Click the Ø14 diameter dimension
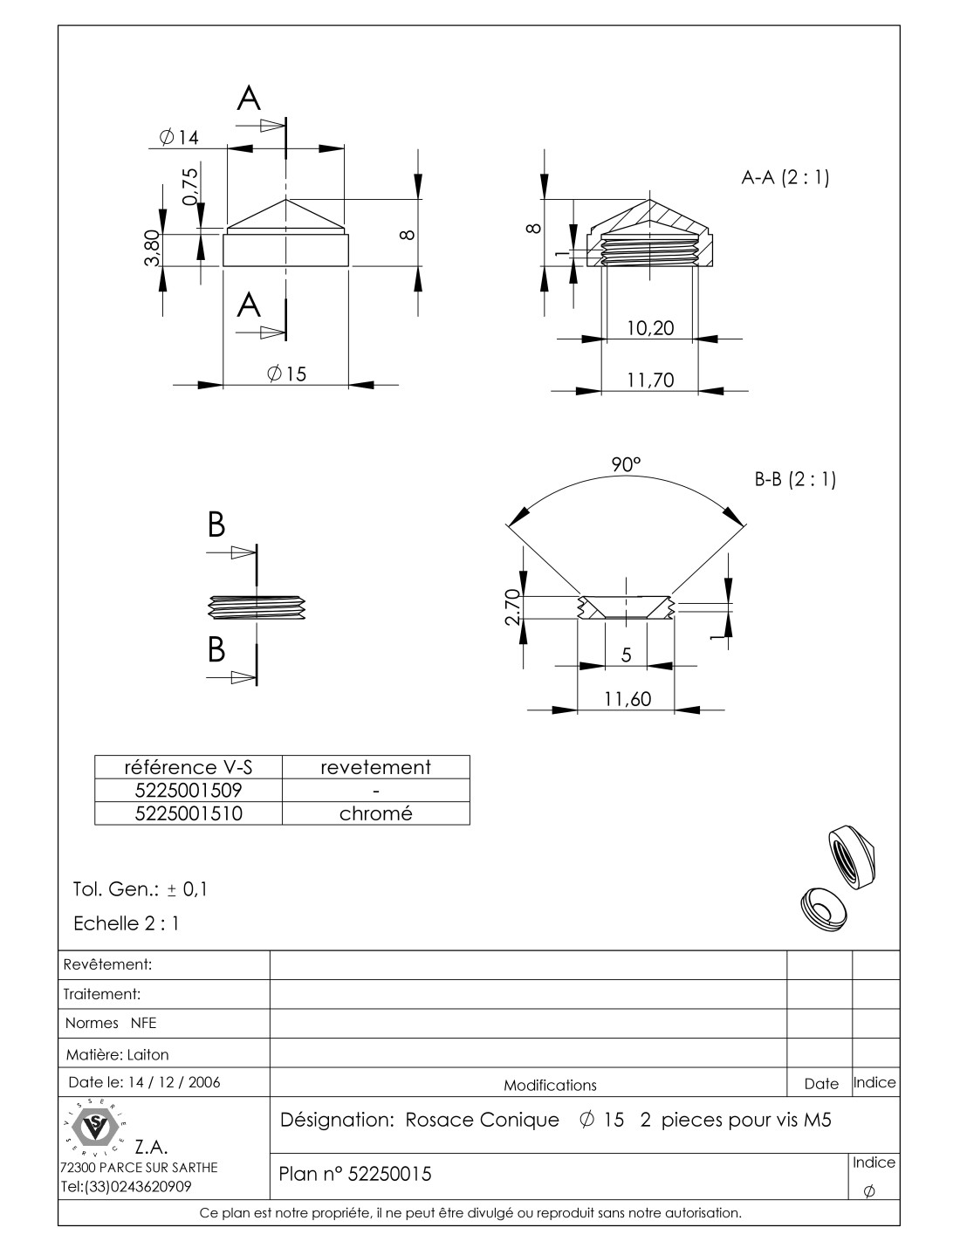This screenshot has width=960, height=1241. coord(180,138)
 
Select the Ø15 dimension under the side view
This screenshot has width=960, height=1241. coord(287,374)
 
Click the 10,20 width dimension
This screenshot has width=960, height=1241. coord(650,328)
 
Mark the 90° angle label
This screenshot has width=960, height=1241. coord(626,464)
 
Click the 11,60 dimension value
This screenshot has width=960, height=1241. coord(627,699)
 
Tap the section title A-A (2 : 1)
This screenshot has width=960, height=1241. coord(785,178)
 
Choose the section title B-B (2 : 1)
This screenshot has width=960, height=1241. coord(794,479)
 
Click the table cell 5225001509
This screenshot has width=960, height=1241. coord(188,791)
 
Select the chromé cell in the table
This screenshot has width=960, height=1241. coord(375,813)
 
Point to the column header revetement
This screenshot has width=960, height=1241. coord(375,767)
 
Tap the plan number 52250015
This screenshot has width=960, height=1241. coord(389,1175)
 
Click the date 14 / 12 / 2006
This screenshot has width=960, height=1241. coord(174,1082)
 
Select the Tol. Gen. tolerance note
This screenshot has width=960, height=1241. coord(140,890)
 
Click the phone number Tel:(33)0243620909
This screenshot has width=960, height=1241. coord(127,1187)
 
